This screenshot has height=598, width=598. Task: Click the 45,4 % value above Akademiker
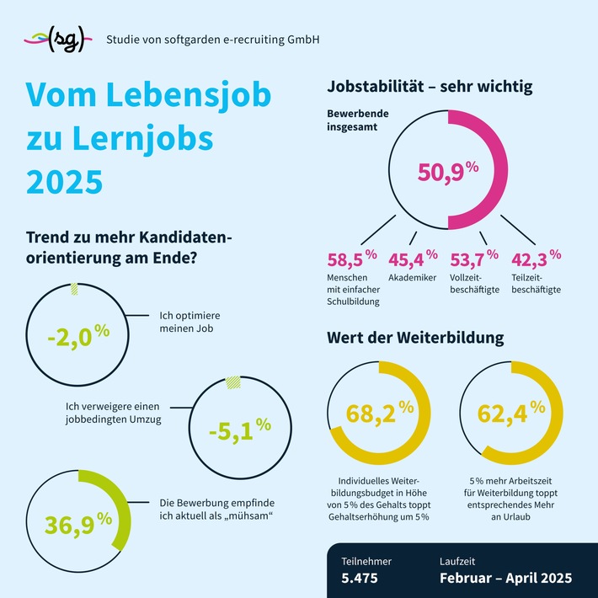pos(413,258)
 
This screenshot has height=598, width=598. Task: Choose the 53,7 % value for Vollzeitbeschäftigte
pos(473,258)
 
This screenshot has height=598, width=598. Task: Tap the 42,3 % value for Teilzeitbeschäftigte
pos(532,258)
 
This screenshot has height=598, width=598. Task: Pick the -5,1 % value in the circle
pos(239,428)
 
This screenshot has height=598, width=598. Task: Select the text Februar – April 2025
pos(505,579)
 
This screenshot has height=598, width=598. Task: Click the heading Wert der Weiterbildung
pos(415,339)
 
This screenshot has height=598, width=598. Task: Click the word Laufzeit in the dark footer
pos(459,560)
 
